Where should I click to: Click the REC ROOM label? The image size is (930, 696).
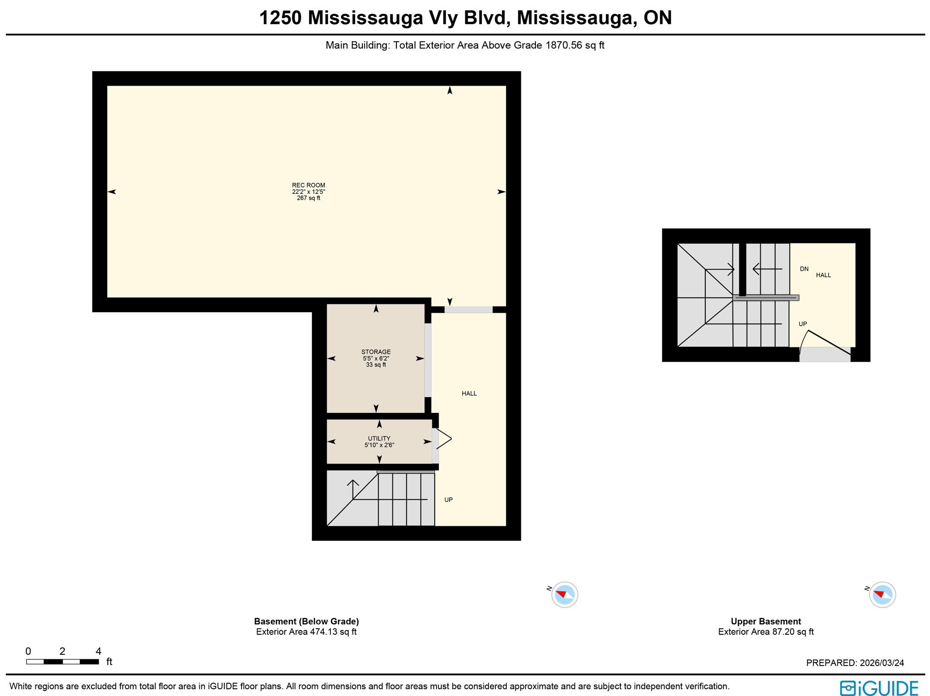click(x=308, y=185)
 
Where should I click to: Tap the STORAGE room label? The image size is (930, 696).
click(x=376, y=352)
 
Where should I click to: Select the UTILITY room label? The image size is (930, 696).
click(x=379, y=438)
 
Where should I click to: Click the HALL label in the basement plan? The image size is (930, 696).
click(x=469, y=393)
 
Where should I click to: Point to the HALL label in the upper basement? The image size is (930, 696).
click(x=823, y=275)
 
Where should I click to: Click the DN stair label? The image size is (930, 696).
click(x=804, y=269)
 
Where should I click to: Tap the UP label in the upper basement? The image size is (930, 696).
click(x=802, y=324)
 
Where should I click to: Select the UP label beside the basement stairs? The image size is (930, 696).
click(x=448, y=500)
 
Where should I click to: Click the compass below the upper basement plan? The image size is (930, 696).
click(x=882, y=594)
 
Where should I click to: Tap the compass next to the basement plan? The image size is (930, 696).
click(x=564, y=594)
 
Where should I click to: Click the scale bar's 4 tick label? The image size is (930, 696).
click(x=98, y=651)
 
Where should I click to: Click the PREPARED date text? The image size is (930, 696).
click(x=855, y=663)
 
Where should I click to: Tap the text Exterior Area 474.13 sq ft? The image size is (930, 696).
click(x=306, y=632)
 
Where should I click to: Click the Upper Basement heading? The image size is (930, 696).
click(x=765, y=621)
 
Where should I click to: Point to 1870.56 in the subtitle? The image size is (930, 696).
click(x=563, y=45)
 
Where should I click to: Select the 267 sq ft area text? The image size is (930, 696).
click(x=308, y=198)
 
